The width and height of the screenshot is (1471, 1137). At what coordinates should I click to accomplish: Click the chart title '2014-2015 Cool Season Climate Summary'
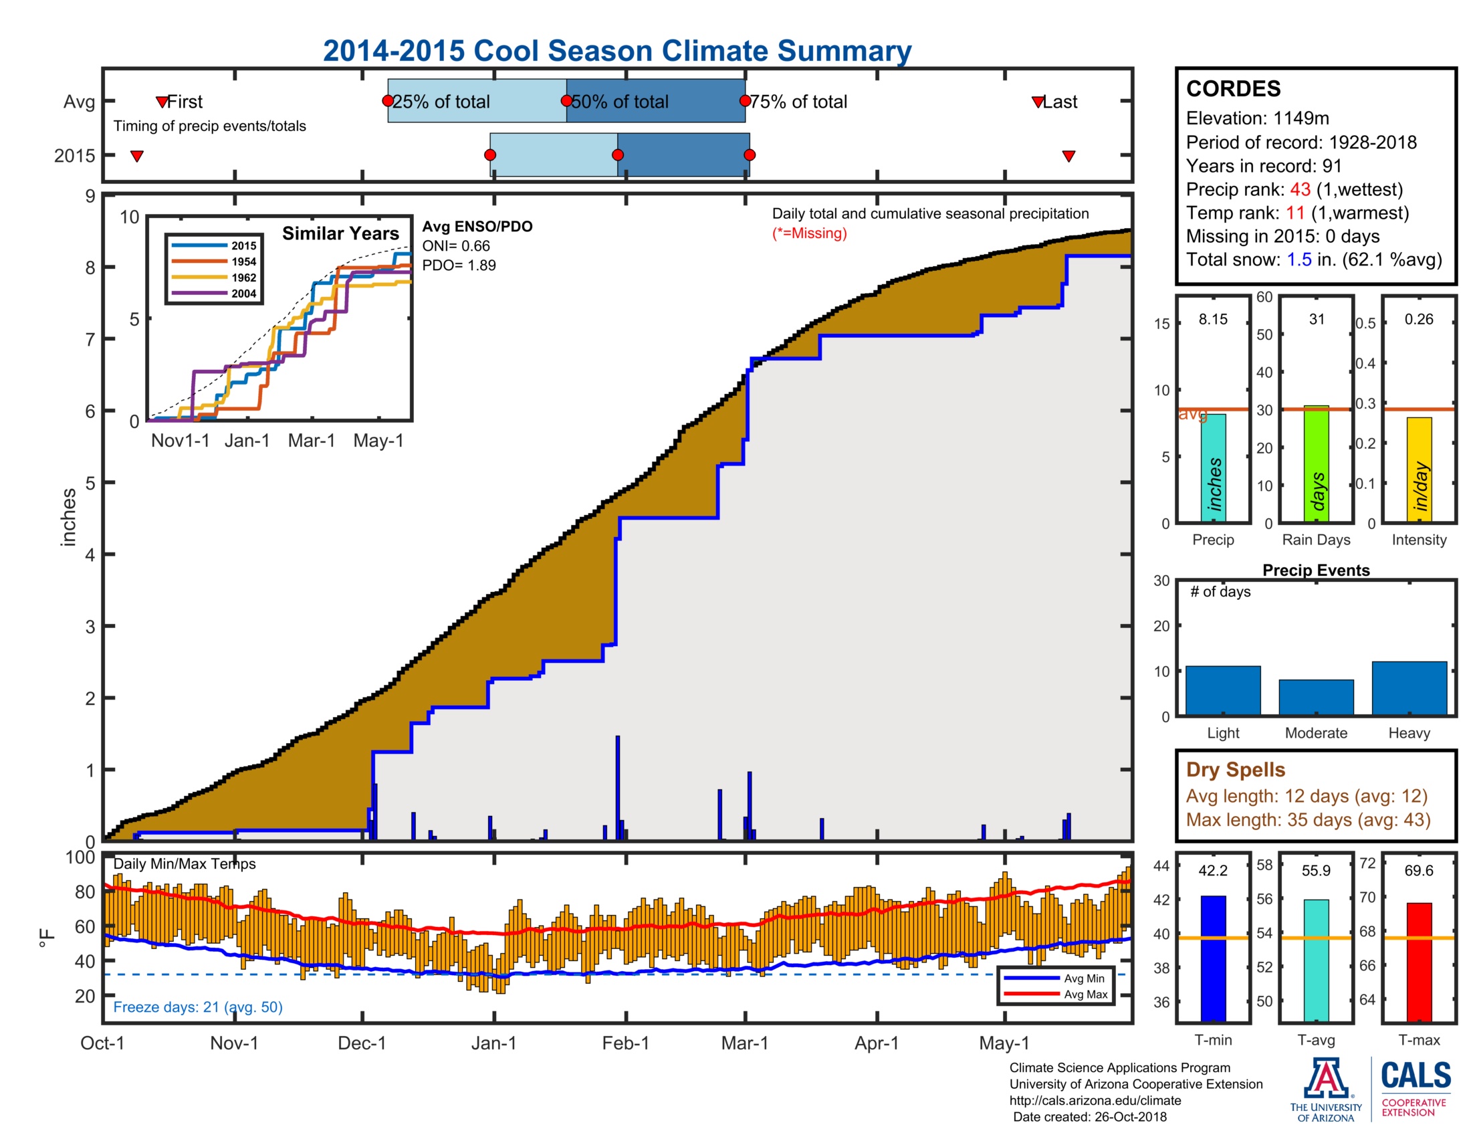[616, 51]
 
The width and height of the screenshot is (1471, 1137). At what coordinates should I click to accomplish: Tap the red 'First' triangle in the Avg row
[162, 102]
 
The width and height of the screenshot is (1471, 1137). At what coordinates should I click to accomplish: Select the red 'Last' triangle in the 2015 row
[1068, 157]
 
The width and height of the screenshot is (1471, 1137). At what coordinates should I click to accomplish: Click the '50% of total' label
[620, 102]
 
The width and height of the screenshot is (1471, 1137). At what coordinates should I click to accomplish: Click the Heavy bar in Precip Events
[1409, 688]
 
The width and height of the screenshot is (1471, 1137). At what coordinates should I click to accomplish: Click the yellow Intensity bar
[1419, 470]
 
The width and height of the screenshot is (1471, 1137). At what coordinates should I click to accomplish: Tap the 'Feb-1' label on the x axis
[625, 1043]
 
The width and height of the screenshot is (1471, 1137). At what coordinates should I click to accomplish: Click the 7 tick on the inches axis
[90, 340]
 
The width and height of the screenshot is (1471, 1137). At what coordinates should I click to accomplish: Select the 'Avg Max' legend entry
[1085, 994]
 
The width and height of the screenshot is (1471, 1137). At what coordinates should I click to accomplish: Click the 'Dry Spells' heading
[1235, 769]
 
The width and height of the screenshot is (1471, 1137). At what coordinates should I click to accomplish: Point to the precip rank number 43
[1300, 189]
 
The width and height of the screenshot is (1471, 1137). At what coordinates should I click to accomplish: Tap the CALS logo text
[1415, 1075]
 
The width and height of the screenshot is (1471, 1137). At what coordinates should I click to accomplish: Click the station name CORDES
[1233, 89]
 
